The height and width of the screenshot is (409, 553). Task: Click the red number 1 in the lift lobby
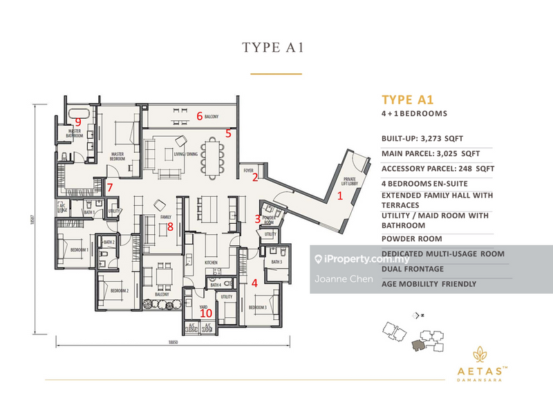coord(339,196)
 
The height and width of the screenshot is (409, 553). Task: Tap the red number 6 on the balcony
coord(200,116)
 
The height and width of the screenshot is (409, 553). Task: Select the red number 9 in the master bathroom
coord(78,122)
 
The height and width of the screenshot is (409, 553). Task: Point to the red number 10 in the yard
coord(205,312)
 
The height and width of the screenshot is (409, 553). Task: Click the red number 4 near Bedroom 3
coord(254,283)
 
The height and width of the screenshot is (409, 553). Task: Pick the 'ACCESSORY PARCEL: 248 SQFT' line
coord(436,169)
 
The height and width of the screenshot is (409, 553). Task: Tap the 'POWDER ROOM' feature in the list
coord(411,238)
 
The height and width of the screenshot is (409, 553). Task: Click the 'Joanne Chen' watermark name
coord(343,279)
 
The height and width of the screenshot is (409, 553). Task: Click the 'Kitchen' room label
coord(211,263)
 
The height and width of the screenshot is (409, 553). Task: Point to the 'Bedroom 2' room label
coord(118,291)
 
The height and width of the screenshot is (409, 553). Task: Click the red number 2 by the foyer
coord(254,178)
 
